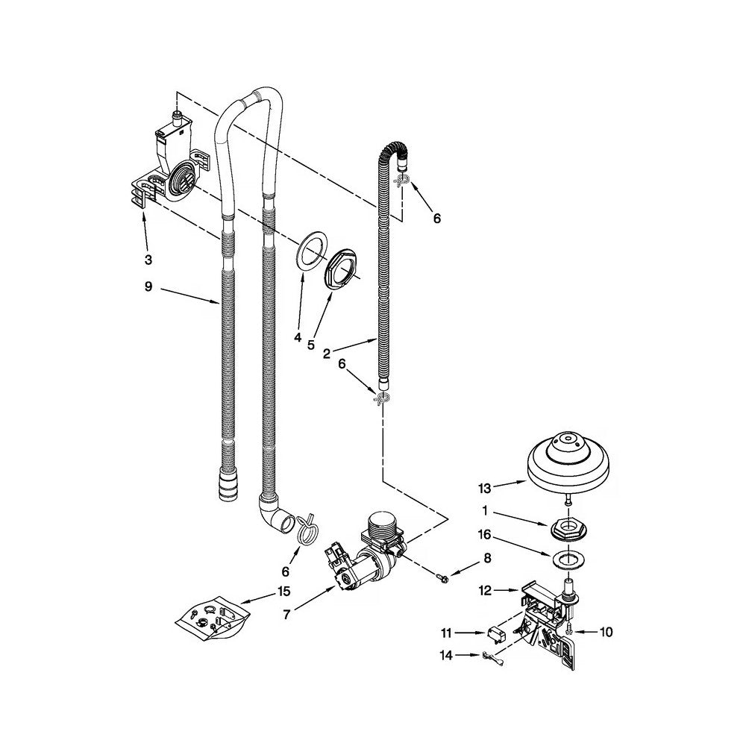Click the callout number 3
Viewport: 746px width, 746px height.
click(x=148, y=260)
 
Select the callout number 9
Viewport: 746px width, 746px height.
click(x=148, y=287)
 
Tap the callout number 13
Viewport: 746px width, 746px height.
click(x=485, y=488)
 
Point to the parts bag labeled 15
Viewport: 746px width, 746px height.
click(x=211, y=617)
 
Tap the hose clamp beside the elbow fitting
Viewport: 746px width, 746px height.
click(x=306, y=529)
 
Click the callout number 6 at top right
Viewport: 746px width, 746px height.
click(x=436, y=218)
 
